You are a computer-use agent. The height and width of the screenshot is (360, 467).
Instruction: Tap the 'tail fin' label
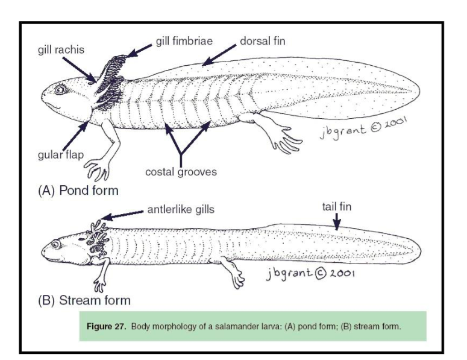tap(337, 207)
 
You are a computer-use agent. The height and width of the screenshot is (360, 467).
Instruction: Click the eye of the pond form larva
tap(60, 90)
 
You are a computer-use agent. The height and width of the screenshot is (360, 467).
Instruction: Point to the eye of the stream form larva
tap(56, 245)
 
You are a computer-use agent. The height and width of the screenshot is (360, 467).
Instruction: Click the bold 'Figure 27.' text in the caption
tap(108, 327)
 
